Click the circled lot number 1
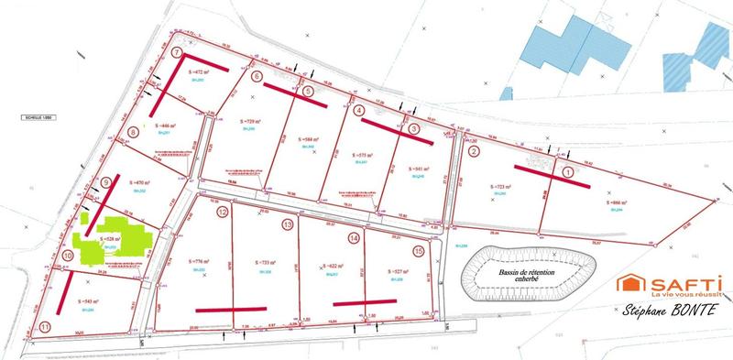567,171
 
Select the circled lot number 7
177,53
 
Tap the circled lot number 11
45,326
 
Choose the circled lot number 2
474,151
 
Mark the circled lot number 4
357,111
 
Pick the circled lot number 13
288,224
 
